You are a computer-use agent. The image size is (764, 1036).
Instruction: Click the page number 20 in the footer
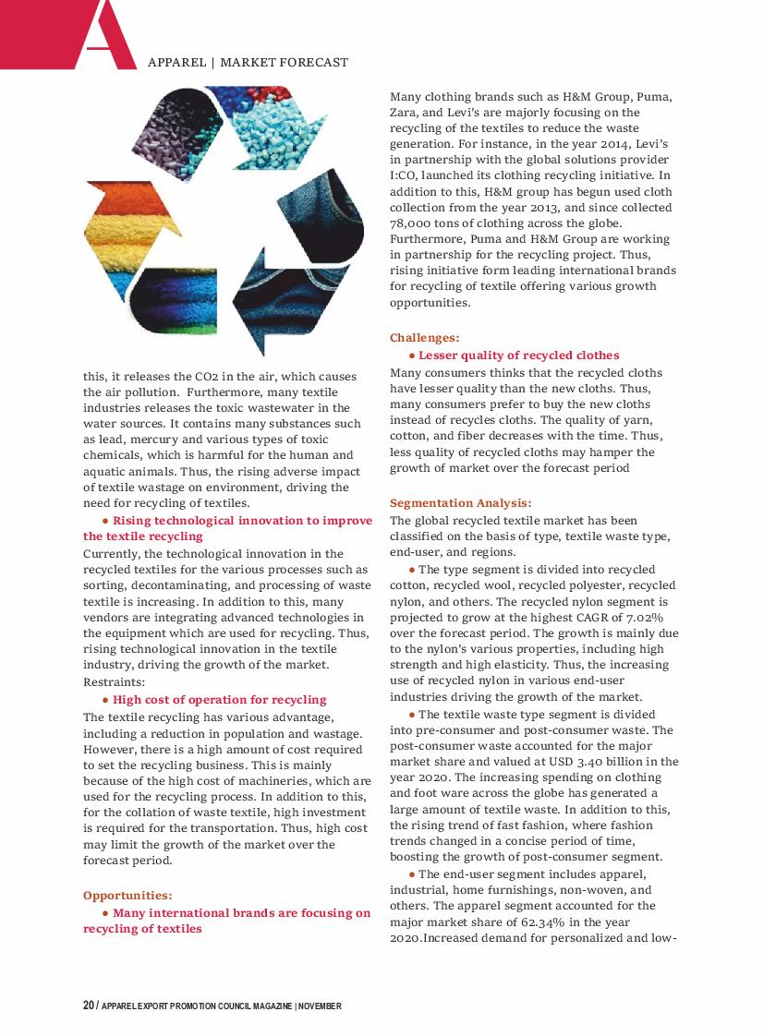click(88, 1006)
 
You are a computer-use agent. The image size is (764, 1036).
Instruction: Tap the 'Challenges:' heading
click(424, 338)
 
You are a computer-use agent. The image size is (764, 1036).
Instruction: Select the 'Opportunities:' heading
click(127, 895)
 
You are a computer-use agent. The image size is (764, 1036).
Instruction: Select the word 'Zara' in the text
click(403, 112)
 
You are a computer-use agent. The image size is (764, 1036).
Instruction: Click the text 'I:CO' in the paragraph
click(403, 175)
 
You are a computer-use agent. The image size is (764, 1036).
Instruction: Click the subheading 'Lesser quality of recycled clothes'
click(518, 355)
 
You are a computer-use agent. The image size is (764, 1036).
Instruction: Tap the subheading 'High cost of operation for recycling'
click(220, 699)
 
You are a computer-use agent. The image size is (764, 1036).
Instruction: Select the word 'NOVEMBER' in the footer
click(320, 1006)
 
